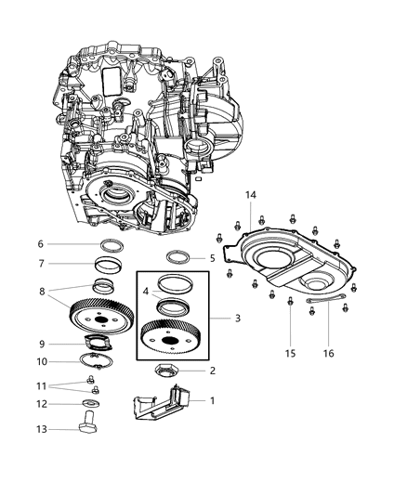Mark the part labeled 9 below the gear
100,345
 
